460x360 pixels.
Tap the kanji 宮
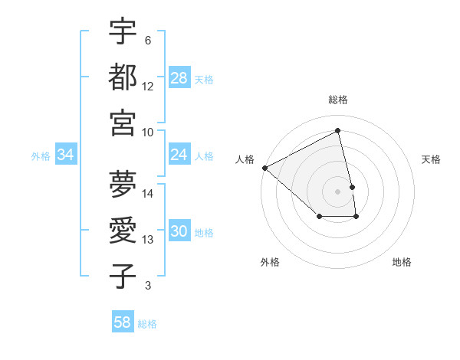123,122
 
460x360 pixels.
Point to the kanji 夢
123,183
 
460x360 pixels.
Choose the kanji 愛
123,229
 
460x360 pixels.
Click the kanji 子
123,276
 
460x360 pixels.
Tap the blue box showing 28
179,78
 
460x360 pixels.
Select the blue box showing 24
179,155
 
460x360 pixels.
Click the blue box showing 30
179,231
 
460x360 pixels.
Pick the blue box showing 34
66,155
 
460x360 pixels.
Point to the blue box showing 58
123,322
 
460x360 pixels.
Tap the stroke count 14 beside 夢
148,193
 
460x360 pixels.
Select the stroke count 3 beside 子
147,286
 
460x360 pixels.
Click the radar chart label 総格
338,100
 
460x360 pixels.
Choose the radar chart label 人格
245,159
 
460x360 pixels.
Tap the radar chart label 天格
431,159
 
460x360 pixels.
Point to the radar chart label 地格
402,262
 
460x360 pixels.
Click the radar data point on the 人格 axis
264,168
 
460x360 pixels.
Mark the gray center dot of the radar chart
338,191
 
